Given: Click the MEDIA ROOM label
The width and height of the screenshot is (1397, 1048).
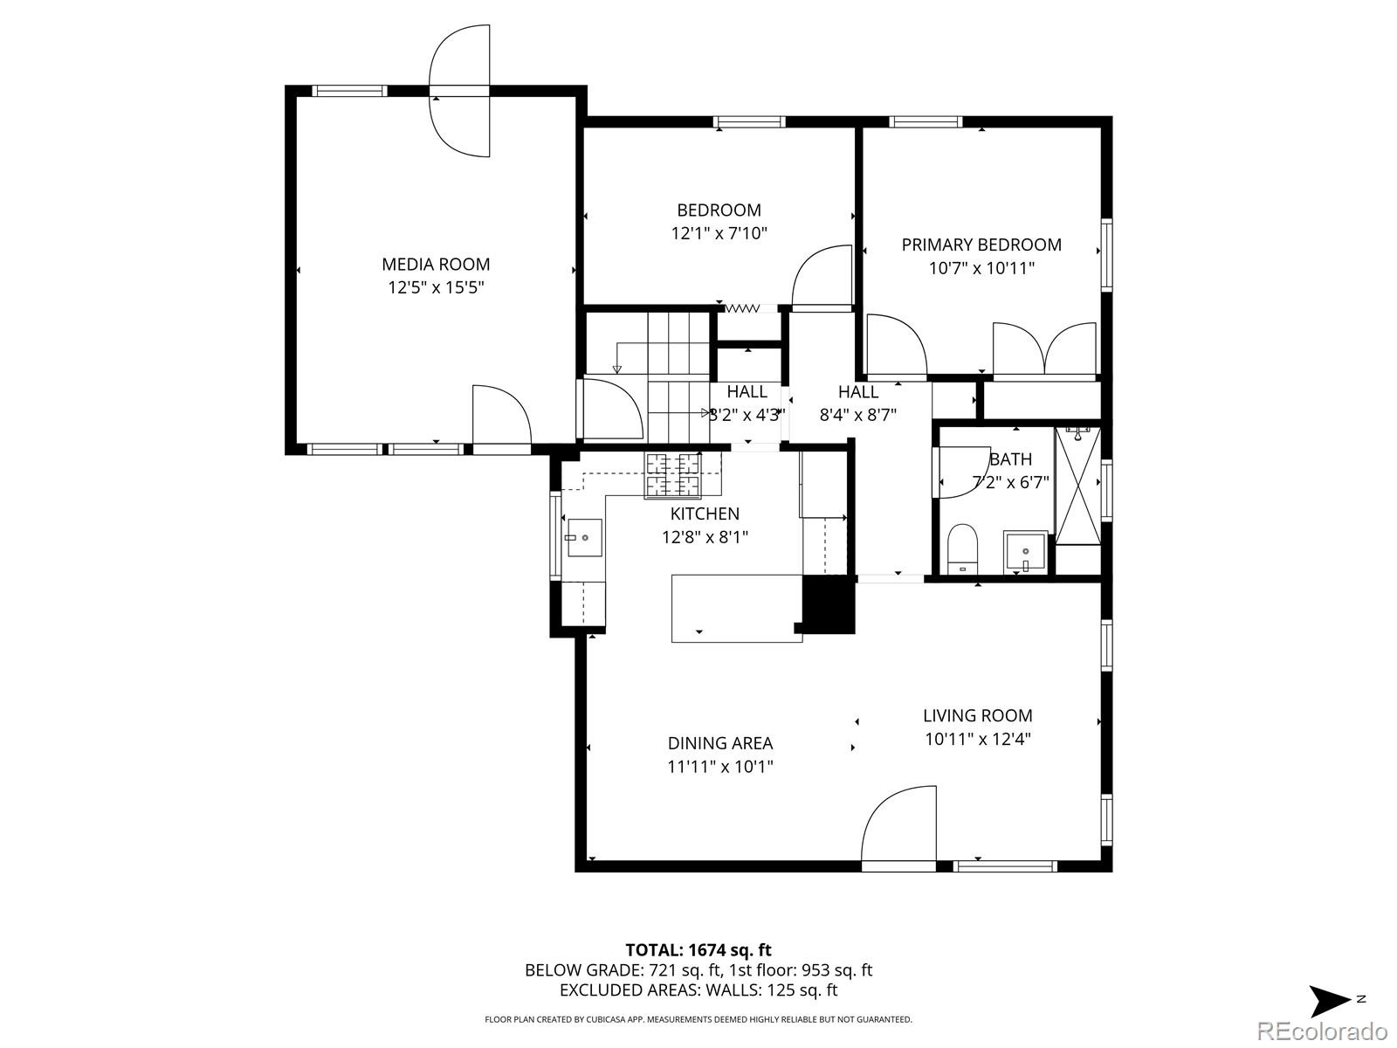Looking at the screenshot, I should coord(436,264).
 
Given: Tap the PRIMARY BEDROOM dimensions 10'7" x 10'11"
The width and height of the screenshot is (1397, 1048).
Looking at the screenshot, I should coord(981,268).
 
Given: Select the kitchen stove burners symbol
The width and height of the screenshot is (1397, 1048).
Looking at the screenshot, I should coord(672,475).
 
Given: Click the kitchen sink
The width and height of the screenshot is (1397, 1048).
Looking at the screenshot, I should coord(584,538).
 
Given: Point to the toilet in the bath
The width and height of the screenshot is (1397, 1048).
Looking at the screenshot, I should coord(964,548).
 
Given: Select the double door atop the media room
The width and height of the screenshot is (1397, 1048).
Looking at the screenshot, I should coord(460,92).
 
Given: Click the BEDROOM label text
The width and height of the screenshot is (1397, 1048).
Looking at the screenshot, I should coord(719,210).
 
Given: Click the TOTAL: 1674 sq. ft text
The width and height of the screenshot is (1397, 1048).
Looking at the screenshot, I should coord(698,950).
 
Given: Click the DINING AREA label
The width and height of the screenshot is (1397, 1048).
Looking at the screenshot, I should coord(720,743).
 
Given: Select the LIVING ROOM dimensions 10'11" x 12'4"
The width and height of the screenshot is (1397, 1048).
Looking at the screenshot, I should coord(978,739).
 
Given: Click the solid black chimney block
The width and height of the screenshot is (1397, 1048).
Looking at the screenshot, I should coord(826,605).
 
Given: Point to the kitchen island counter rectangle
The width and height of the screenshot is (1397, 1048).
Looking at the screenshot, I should coord(735,609).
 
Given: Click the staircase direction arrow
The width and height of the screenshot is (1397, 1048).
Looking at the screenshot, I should coord(618,356).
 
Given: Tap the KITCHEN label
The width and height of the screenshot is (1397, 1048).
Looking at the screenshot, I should coord(705,514).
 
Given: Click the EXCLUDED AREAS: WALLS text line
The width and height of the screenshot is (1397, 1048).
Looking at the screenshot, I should coord(698,990).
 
